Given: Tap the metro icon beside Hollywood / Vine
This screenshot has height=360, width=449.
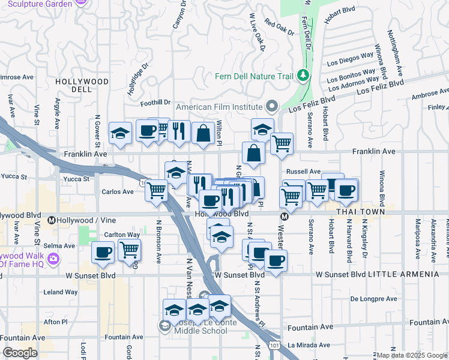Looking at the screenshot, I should coord(52,221).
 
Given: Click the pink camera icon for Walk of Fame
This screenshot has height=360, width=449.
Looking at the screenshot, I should coord(54,259).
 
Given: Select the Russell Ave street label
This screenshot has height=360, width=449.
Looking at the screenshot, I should coord(306,171).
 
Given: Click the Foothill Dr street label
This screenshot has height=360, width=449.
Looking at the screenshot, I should coord(155,103).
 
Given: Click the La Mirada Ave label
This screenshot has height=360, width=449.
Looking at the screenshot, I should coord(309,346).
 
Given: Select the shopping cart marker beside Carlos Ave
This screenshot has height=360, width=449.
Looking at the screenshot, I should coord(157,190).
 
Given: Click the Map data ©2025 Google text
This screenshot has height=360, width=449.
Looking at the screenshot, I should coord(412,355).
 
